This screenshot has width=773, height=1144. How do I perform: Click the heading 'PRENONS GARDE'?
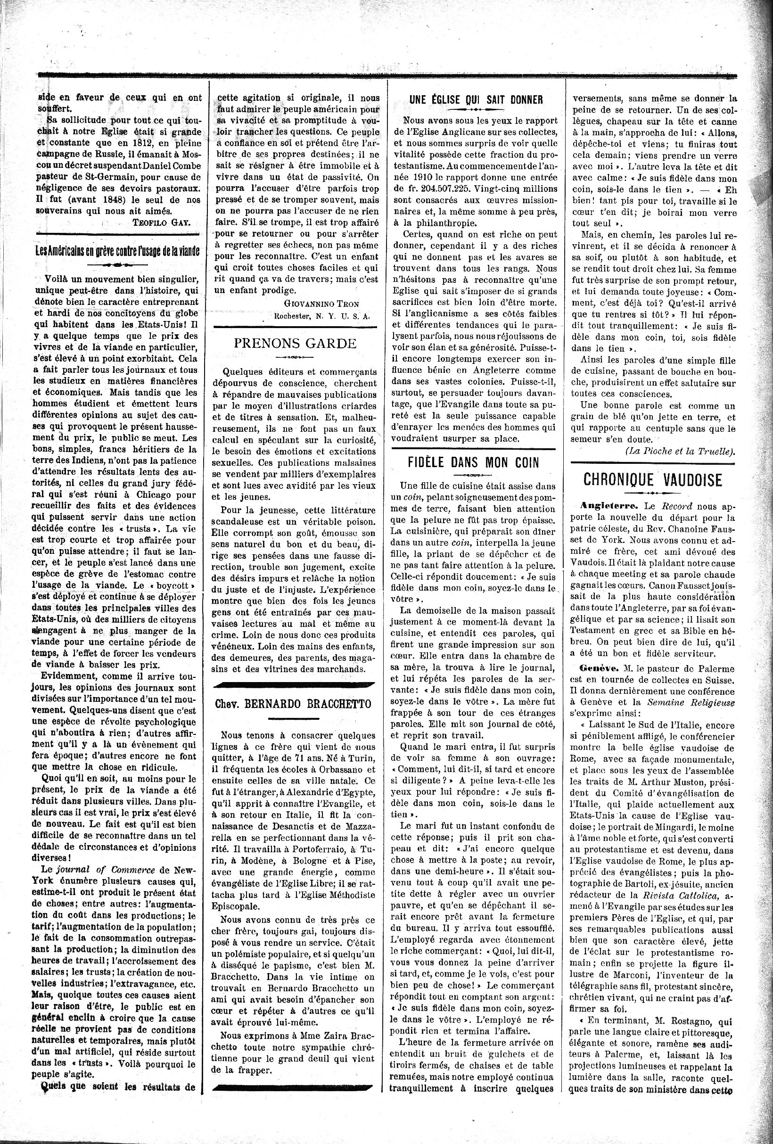[295, 343]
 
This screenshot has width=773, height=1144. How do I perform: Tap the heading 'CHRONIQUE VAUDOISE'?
[652, 479]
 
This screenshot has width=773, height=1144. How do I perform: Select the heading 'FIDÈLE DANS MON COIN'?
[473, 463]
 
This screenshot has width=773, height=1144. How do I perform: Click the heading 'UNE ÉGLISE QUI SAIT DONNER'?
[476, 100]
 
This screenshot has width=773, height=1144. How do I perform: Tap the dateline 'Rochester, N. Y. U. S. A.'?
[321, 316]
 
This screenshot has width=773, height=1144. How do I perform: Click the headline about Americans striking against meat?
[117, 251]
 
